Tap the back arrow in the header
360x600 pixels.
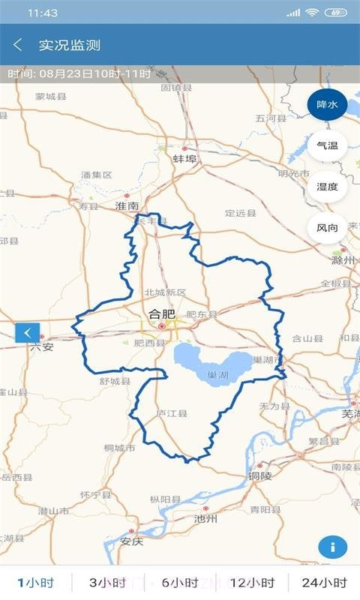[18, 45]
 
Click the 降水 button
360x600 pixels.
[327, 105]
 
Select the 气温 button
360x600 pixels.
[327, 146]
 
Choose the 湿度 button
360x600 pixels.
[327, 187]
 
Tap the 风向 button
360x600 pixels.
[327, 228]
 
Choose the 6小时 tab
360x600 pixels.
[179, 583]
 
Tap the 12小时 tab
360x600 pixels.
[252, 583]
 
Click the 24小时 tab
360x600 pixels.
[324, 583]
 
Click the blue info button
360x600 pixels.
[332, 547]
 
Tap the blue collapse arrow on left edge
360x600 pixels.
[27, 331]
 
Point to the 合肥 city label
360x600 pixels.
[161, 315]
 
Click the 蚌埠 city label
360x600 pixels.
[184, 159]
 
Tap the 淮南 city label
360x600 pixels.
[127, 205]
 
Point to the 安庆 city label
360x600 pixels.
[131, 541]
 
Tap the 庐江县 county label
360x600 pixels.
[171, 413]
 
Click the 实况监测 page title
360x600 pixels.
[70, 45]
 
